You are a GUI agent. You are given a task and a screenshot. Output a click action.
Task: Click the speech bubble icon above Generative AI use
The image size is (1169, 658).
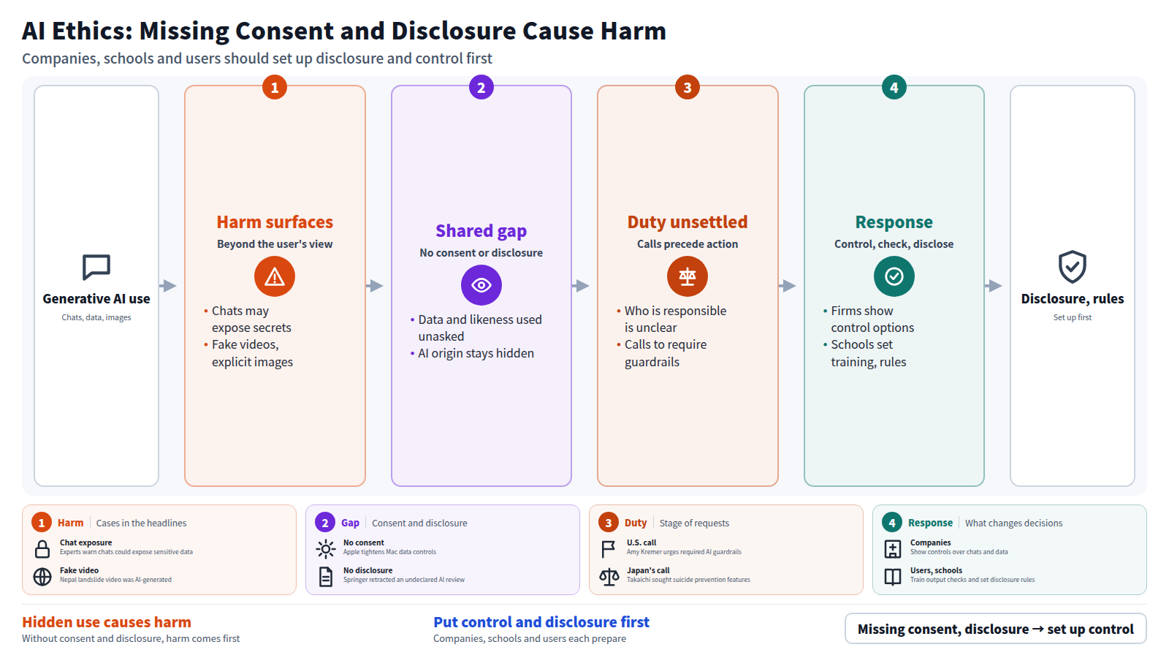[x=96, y=268]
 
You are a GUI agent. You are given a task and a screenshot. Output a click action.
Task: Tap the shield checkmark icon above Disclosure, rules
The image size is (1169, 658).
[x=1073, y=267]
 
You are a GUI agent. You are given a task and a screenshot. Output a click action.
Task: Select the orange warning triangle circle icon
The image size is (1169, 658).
[x=275, y=276]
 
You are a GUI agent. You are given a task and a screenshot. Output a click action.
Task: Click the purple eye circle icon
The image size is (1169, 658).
[x=481, y=285]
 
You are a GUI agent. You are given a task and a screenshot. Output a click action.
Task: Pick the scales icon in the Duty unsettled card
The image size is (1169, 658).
[x=688, y=276]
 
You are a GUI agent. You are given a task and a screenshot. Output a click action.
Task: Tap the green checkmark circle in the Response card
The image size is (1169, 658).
[x=894, y=276]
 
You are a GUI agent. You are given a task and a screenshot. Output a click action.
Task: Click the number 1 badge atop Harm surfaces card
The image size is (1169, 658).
[x=275, y=87]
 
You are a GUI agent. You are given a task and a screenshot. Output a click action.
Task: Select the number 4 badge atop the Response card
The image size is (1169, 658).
[x=894, y=87]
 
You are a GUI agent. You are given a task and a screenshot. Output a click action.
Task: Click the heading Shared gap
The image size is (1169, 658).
[x=481, y=230]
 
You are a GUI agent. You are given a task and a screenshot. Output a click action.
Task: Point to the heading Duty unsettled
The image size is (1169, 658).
[x=688, y=222]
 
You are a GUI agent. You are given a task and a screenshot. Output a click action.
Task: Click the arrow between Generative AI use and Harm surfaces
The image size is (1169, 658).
[x=167, y=286]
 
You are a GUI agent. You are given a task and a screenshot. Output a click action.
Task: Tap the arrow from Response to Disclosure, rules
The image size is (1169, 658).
[x=993, y=286]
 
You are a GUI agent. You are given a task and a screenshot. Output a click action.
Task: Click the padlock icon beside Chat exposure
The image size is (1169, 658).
[x=42, y=549]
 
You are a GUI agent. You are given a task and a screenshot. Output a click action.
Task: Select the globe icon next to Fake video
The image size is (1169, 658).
[x=42, y=577]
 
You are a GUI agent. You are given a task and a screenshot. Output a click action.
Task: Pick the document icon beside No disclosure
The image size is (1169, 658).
[x=326, y=577]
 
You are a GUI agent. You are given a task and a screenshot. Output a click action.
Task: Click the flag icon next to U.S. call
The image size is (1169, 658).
[x=609, y=549]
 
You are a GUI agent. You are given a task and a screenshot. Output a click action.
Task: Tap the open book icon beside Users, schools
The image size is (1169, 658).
[x=892, y=577]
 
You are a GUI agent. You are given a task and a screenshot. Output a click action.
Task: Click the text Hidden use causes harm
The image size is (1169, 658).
[x=107, y=622]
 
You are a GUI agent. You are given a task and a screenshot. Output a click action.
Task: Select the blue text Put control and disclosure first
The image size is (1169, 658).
[x=541, y=622]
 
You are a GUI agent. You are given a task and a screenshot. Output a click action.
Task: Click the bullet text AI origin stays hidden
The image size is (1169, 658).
[x=476, y=353]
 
